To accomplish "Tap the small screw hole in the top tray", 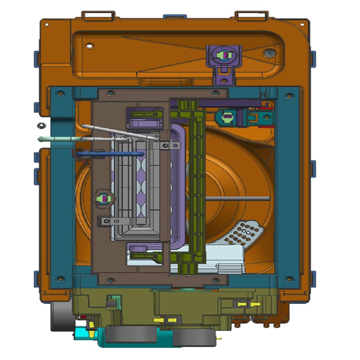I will coord(90,46).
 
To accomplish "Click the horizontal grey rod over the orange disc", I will coord(238,198).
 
